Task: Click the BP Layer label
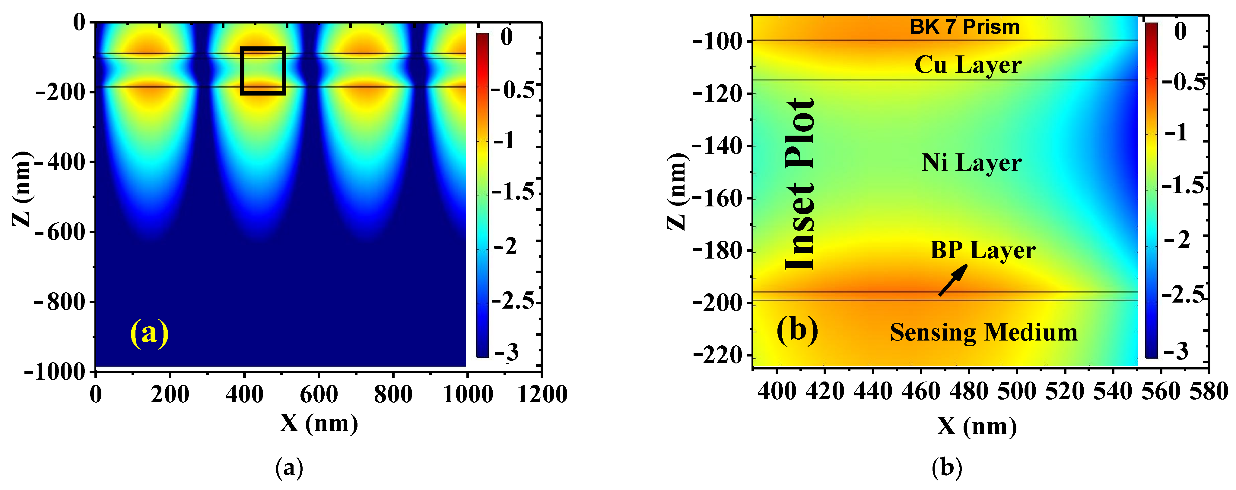pos(983,250)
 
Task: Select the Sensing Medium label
pos(983,332)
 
